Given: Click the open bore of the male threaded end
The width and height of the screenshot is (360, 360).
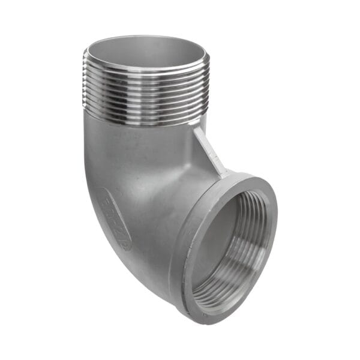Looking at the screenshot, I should coord(146,53).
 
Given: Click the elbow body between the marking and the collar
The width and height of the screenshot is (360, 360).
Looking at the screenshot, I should coord(150,234).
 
